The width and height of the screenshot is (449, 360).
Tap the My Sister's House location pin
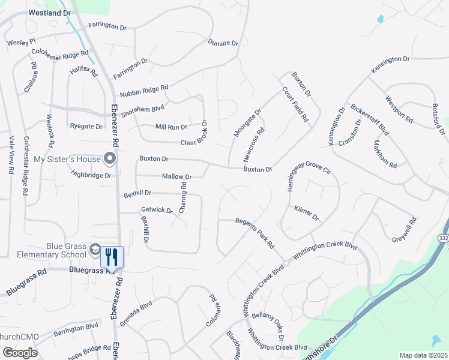110,158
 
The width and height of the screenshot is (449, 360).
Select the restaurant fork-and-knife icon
112,257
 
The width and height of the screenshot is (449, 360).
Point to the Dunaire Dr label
223,44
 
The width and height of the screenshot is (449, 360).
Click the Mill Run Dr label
172,127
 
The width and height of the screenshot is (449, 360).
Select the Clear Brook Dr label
194,136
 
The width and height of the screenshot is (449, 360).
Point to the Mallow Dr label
176,177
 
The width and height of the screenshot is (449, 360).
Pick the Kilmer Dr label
306,213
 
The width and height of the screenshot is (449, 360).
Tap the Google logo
19,353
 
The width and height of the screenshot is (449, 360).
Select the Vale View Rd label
11,154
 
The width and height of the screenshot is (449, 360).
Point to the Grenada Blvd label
136,314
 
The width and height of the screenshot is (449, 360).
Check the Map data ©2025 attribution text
423,355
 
